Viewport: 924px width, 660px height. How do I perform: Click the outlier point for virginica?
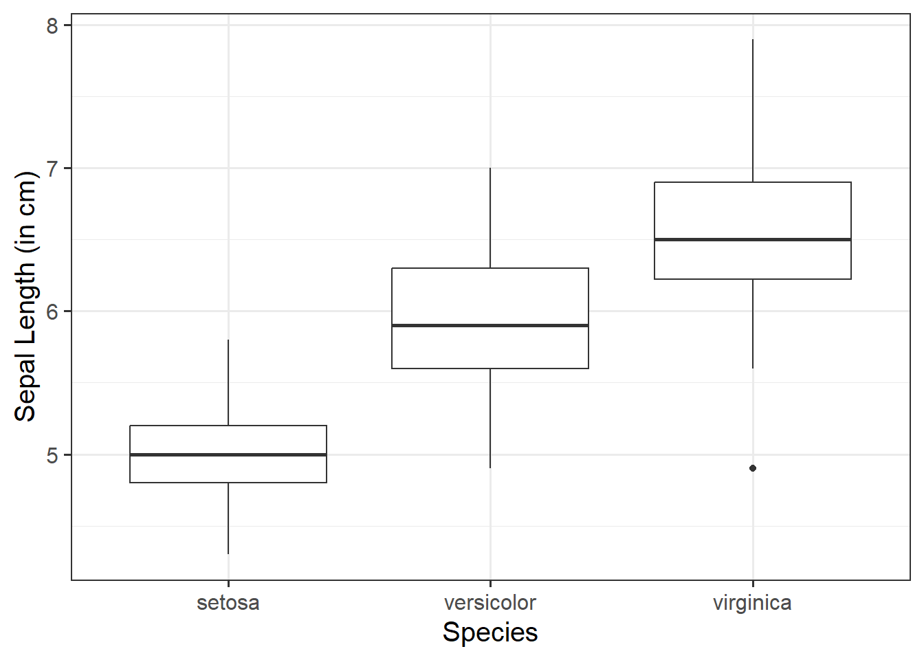[753, 468]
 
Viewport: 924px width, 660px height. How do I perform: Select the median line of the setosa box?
[228, 454]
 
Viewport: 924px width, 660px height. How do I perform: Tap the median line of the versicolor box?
[490, 325]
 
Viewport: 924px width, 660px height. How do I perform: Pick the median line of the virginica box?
[753, 239]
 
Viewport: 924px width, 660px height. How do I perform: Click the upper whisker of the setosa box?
[228, 382]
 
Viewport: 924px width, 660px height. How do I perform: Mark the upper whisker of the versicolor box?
[490, 218]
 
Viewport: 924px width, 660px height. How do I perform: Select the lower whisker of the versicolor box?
[490, 418]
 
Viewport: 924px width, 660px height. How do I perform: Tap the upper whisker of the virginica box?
[753, 111]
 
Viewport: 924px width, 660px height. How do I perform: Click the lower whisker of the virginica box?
[753, 324]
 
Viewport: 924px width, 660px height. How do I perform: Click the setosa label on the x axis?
[228, 603]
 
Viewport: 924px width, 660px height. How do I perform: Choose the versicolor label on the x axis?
[490, 603]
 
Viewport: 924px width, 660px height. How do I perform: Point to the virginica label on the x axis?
[752, 603]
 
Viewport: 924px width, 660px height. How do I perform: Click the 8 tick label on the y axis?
[53, 25]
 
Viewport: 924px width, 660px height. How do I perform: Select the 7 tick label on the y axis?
[53, 168]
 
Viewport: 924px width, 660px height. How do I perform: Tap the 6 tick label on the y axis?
[53, 311]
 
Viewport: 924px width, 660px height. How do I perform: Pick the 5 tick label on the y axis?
[53, 455]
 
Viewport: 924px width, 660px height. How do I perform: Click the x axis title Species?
[490, 632]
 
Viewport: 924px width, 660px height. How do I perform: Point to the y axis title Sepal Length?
[25, 296]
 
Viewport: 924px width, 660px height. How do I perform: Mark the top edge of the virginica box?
[753, 182]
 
